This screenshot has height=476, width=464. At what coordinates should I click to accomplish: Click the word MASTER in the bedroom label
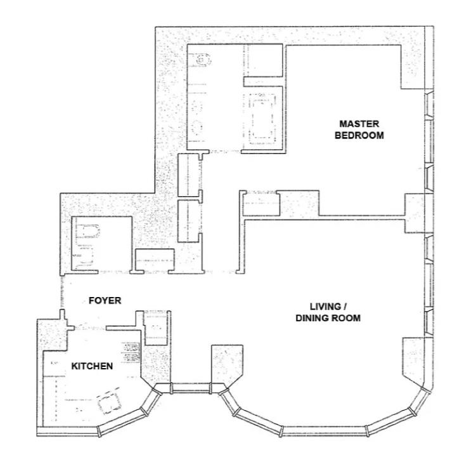[359, 124]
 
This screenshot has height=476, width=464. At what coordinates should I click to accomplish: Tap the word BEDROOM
[359, 135]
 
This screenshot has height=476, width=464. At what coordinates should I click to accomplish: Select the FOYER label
[105, 301]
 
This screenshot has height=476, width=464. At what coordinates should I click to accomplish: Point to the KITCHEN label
[92, 366]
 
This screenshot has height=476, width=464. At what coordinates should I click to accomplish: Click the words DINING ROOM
[328, 318]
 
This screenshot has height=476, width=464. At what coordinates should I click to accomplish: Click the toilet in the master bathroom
[202, 59]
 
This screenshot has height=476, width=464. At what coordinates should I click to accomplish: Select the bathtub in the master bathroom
[262, 119]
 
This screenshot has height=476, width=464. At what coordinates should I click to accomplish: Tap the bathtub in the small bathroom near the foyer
[87, 232]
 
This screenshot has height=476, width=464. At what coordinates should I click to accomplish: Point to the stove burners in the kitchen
[131, 352]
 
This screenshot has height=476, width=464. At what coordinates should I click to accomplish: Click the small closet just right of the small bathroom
[155, 260]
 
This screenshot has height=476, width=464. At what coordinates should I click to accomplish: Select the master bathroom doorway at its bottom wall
[225, 151]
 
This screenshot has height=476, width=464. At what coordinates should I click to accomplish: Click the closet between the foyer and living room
[156, 328]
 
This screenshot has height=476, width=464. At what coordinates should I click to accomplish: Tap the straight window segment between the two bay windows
[191, 388]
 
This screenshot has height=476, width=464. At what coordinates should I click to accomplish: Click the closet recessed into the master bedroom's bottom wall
[261, 203]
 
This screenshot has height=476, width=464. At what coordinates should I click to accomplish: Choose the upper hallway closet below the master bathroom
[190, 175]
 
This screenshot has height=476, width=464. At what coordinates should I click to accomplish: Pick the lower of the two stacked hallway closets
[190, 221]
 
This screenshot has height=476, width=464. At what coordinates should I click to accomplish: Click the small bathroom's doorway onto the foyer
[114, 272]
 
